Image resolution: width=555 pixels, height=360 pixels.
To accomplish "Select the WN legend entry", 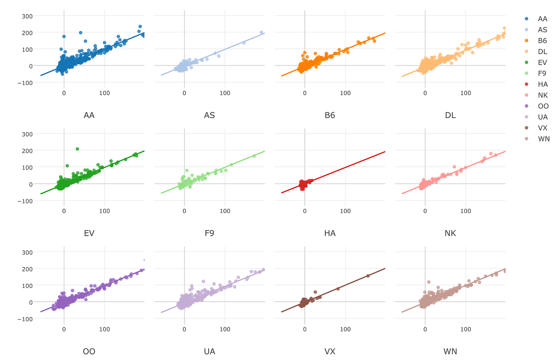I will coord(543,139).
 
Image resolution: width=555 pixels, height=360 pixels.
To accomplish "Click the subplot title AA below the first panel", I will coord(89,115).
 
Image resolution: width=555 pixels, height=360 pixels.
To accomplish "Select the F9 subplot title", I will coord(210,233).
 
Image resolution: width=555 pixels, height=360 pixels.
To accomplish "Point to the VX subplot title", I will coord(330,352).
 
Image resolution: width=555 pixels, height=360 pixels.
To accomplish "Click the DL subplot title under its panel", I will coord(450,115).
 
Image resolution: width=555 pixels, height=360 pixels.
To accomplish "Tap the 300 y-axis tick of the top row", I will coord(27,16).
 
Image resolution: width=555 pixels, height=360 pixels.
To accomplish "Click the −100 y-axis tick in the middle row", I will coord(25,201).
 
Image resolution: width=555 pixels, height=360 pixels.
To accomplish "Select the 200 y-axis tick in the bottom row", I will coord(27,269).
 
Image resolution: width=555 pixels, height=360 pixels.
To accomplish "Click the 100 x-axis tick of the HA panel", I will coord(345,211).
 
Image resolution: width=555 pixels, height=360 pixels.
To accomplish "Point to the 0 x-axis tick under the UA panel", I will coord(184,329).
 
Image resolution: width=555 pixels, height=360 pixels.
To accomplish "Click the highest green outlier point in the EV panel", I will coord(77,149).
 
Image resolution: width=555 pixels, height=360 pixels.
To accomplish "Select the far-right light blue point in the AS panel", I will coord(261,32).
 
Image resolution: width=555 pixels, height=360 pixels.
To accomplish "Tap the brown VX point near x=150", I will coord(368,276).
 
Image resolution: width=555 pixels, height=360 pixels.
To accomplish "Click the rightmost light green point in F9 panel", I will coord(254,156).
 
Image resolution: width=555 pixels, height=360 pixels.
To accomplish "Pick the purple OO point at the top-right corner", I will coord(144,260).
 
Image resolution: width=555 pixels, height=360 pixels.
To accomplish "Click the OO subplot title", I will coord(89,352).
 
